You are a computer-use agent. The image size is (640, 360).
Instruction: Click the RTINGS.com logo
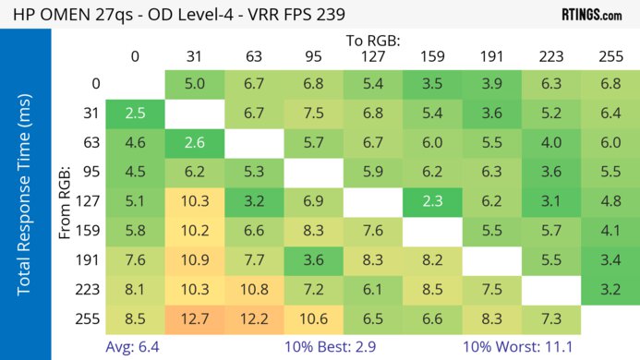point(592,15)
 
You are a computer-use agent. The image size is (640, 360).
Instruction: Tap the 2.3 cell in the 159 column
point(432,199)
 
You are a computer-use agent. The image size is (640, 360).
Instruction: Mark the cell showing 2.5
point(135,114)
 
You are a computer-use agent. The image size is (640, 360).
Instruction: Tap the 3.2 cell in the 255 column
point(610,288)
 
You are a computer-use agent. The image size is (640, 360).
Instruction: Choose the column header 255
point(610,56)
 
